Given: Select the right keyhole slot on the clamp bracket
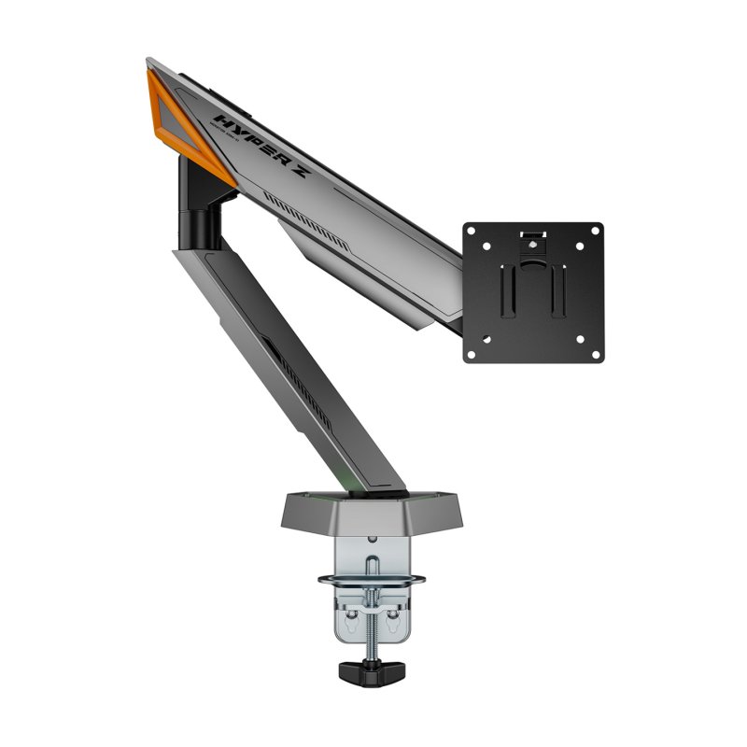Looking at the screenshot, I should pyautogui.click(x=391, y=616).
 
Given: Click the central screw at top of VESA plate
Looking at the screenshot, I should pyautogui.click(x=533, y=243).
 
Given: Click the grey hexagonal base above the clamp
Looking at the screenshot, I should pyautogui.click(x=373, y=510).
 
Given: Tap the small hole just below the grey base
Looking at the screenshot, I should pyautogui.click(x=373, y=538).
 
